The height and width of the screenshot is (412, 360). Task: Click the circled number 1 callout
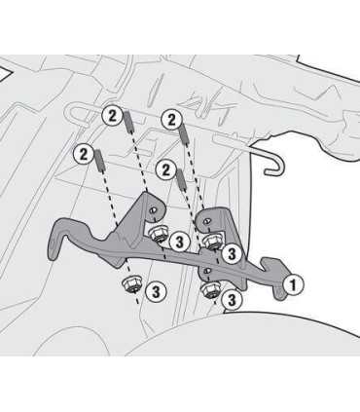tap(293, 285)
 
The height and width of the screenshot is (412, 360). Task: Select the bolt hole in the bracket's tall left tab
tap(152, 210)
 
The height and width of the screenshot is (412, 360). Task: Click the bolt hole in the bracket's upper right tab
tap(205, 221)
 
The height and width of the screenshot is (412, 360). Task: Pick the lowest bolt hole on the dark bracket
tap(205, 270)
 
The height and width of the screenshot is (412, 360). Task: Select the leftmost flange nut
tap(131, 284)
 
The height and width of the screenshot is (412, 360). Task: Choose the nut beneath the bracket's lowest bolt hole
tap(210, 290)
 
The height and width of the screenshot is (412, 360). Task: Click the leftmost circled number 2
tap(84, 154)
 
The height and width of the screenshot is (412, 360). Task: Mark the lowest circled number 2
tap(166, 169)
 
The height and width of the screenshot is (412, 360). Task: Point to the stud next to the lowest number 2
tap(181, 179)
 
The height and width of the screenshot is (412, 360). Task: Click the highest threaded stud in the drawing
tap(127, 121)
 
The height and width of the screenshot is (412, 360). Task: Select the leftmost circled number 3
tap(156, 292)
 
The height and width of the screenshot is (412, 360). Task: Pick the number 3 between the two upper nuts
tap(179, 243)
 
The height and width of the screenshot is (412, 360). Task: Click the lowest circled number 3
tap(232, 300)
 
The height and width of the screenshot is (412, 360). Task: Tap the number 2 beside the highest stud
tap(112, 116)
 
